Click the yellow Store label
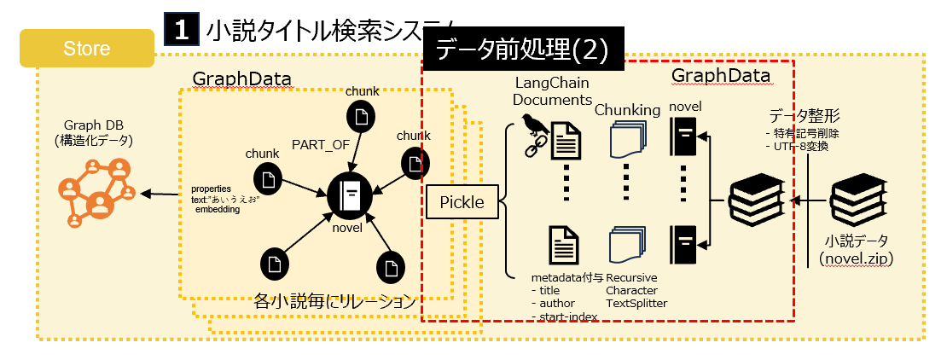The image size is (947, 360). coord(86,49)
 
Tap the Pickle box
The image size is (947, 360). coord(462,202)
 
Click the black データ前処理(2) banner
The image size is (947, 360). coord(522,50)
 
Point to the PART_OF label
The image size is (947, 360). coord(321,144)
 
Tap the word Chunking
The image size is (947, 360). coord(627,110)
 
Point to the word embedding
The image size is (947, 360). coord(218,209)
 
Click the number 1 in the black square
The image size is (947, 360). coord(181,31)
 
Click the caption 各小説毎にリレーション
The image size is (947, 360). coord(334,300)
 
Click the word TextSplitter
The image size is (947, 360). coord(636,303)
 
